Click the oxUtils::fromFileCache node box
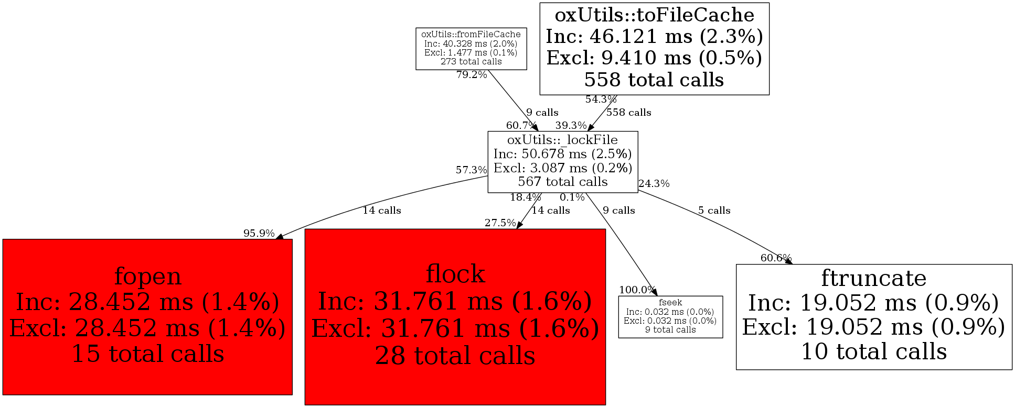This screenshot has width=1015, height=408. coord(471,49)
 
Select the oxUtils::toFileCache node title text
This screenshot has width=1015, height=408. coord(654,15)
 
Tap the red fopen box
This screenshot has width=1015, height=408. coord(147,316)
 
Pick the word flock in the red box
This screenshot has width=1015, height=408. coord(455,274)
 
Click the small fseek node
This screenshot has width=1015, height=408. coord(670,316)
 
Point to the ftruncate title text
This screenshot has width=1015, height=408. coord(873,278)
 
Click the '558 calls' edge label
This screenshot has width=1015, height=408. coord(628,113)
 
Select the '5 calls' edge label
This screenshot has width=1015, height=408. coord(714,211)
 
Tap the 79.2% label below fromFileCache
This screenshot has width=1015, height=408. coord(472,75)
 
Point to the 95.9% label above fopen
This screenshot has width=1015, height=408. coord(259,234)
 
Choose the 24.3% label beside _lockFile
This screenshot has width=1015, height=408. coord(654,184)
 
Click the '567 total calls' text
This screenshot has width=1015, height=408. coord(562,182)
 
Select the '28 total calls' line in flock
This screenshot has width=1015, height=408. coord(455,356)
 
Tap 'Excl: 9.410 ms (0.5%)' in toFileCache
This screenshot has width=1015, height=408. coord(654,58)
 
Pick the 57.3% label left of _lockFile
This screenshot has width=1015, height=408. coord(471,170)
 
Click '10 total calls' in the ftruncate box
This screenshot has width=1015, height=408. coord(873,351)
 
